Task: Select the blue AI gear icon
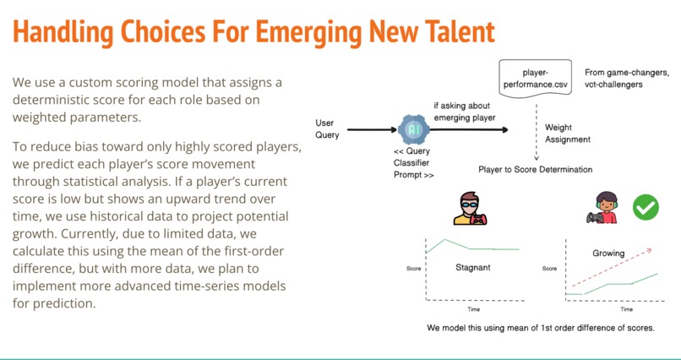point(414,129)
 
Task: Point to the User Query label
point(327,129)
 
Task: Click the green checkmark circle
point(646,207)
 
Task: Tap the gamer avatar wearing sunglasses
point(470,209)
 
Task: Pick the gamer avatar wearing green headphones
point(603,208)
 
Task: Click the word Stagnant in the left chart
point(472,268)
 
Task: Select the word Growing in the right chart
point(608,254)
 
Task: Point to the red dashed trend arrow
point(612,268)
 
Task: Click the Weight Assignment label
point(568,134)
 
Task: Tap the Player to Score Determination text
point(535,169)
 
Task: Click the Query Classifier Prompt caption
point(413,163)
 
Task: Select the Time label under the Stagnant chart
point(473,309)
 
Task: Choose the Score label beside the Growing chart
point(549,269)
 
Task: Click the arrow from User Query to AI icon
point(373,129)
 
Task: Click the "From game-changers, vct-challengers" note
point(627,79)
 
